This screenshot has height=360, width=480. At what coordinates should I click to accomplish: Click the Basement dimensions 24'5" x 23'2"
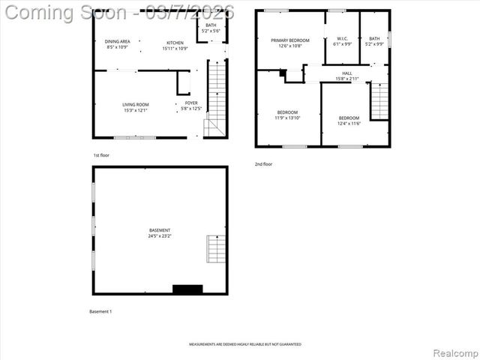click(160, 236)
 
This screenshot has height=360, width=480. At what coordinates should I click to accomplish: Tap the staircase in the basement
click(216, 248)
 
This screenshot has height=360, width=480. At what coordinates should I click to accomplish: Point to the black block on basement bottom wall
click(187, 289)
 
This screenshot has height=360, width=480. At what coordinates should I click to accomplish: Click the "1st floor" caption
click(101, 155)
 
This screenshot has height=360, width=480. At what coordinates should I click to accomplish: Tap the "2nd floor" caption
click(263, 163)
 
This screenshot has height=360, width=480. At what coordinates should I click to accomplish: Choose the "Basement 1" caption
click(100, 311)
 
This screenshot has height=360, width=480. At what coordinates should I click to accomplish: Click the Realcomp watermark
click(453, 352)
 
